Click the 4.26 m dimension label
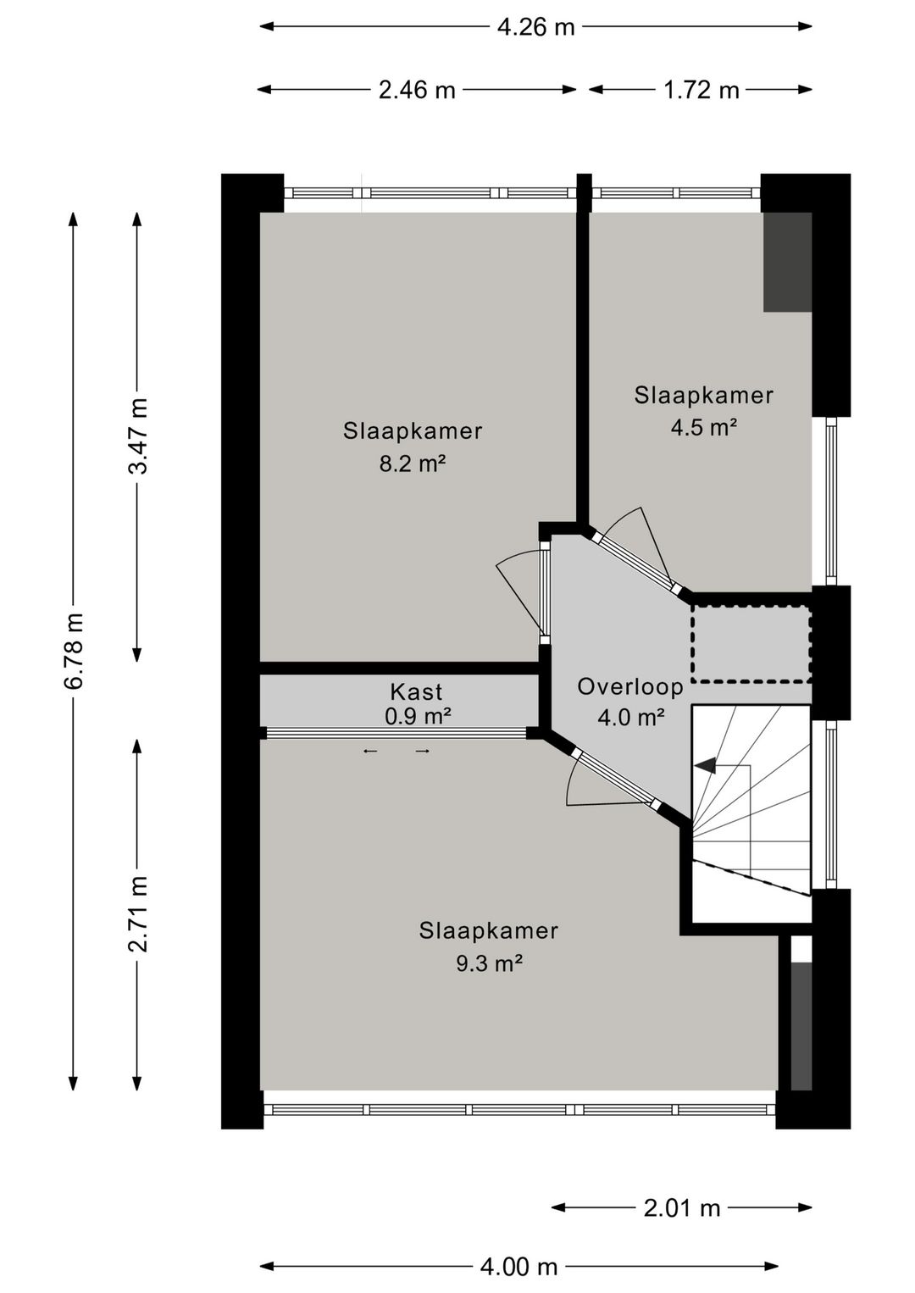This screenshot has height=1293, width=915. pyautogui.click(x=535, y=27)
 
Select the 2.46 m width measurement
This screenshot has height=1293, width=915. pyautogui.click(x=417, y=90)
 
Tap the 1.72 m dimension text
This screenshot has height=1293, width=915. pyautogui.click(x=701, y=90)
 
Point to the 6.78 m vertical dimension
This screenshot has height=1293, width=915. pyautogui.click(x=74, y=650)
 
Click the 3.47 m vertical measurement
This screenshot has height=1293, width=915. pyautogui.click(x=137, y=436)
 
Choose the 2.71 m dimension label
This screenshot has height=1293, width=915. pyautogui.click(x=137, y=913)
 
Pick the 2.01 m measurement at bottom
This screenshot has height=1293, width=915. pyautogui.click(x=681, y=1207)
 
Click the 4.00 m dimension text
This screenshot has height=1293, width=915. pyautogui.click(x=518, y=1267)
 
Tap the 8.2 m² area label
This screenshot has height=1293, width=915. pyautogui.click(x=413, y=463)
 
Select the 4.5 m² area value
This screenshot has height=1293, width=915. pyautogui.click(x=703, y=427)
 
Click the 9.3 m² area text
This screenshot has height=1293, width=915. pyautogui.click(x=488, y=963)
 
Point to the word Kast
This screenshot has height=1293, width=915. pyautogui.click(x=416, y=691)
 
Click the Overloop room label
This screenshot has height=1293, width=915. pyautogui.click(x=630, y=686)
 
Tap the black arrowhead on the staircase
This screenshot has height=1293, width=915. pyautogui.click(x=704, y=766)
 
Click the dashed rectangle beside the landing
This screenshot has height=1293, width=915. pyautogui.click(x=751, y=644)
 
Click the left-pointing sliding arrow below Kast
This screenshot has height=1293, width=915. pyautogui.click(x=370, y=751)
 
